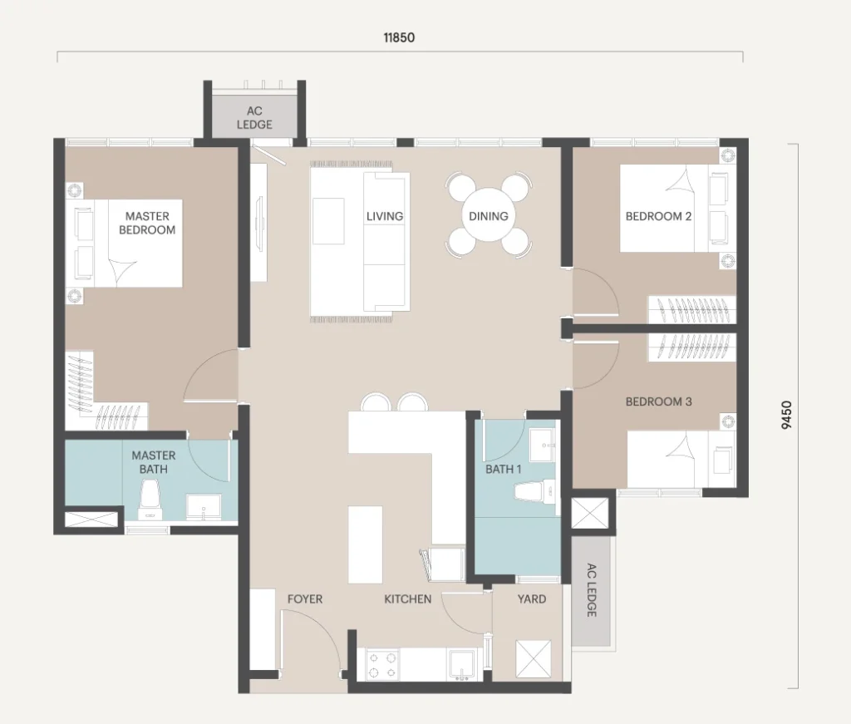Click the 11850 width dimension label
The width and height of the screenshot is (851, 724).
click(399, 37)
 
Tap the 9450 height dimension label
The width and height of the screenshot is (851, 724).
click(786, 415)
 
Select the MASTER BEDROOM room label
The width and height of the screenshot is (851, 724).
click(147, 223)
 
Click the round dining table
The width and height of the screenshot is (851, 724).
click(489, 215)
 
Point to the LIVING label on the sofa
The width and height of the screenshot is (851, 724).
click(385, 216)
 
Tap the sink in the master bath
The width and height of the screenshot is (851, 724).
click(204, 507)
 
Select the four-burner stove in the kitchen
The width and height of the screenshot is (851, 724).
click(382, 665)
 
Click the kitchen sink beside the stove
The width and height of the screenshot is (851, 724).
click(461, 664)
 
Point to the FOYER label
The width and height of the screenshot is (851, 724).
click(305, 599)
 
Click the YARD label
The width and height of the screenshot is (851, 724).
click(532, 599)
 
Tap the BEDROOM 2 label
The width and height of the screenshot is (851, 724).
click(658, 216)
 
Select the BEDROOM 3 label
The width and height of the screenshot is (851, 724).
click(658, 401)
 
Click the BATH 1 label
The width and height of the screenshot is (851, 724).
click(503, 469)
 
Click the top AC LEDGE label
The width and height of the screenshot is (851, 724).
click(254, 118)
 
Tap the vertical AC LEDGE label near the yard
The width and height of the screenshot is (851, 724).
click(592, 590)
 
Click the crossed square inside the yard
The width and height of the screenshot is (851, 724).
click(533, 659)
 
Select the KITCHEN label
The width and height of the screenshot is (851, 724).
click(407, 599)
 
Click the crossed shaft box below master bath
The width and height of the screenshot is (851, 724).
click(91, 519)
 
